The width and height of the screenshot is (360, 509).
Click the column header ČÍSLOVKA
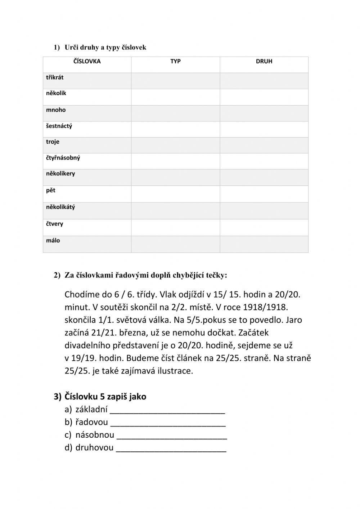click(87, 61)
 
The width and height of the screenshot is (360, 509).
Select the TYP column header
click(175, 61)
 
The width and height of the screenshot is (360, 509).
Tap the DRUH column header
click(264, 61)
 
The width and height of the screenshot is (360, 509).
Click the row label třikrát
click(55, 77)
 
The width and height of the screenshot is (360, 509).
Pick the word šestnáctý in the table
click(59, 126)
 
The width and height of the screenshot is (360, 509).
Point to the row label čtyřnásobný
click(63, 158)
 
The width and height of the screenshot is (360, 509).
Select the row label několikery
click(60, 174)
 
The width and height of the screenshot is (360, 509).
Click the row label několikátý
click(60, 207)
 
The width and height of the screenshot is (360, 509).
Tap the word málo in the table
click(53, 241)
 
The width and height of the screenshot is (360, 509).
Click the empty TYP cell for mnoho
click(175, 113)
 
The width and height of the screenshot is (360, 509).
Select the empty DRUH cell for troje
click(264, 145)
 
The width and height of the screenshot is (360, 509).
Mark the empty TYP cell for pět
click(175, 194)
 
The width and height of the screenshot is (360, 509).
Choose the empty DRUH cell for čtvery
click(264, 227)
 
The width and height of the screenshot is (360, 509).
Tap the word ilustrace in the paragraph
click(175, 371)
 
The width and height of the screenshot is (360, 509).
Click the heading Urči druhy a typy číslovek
click(105, 48)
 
